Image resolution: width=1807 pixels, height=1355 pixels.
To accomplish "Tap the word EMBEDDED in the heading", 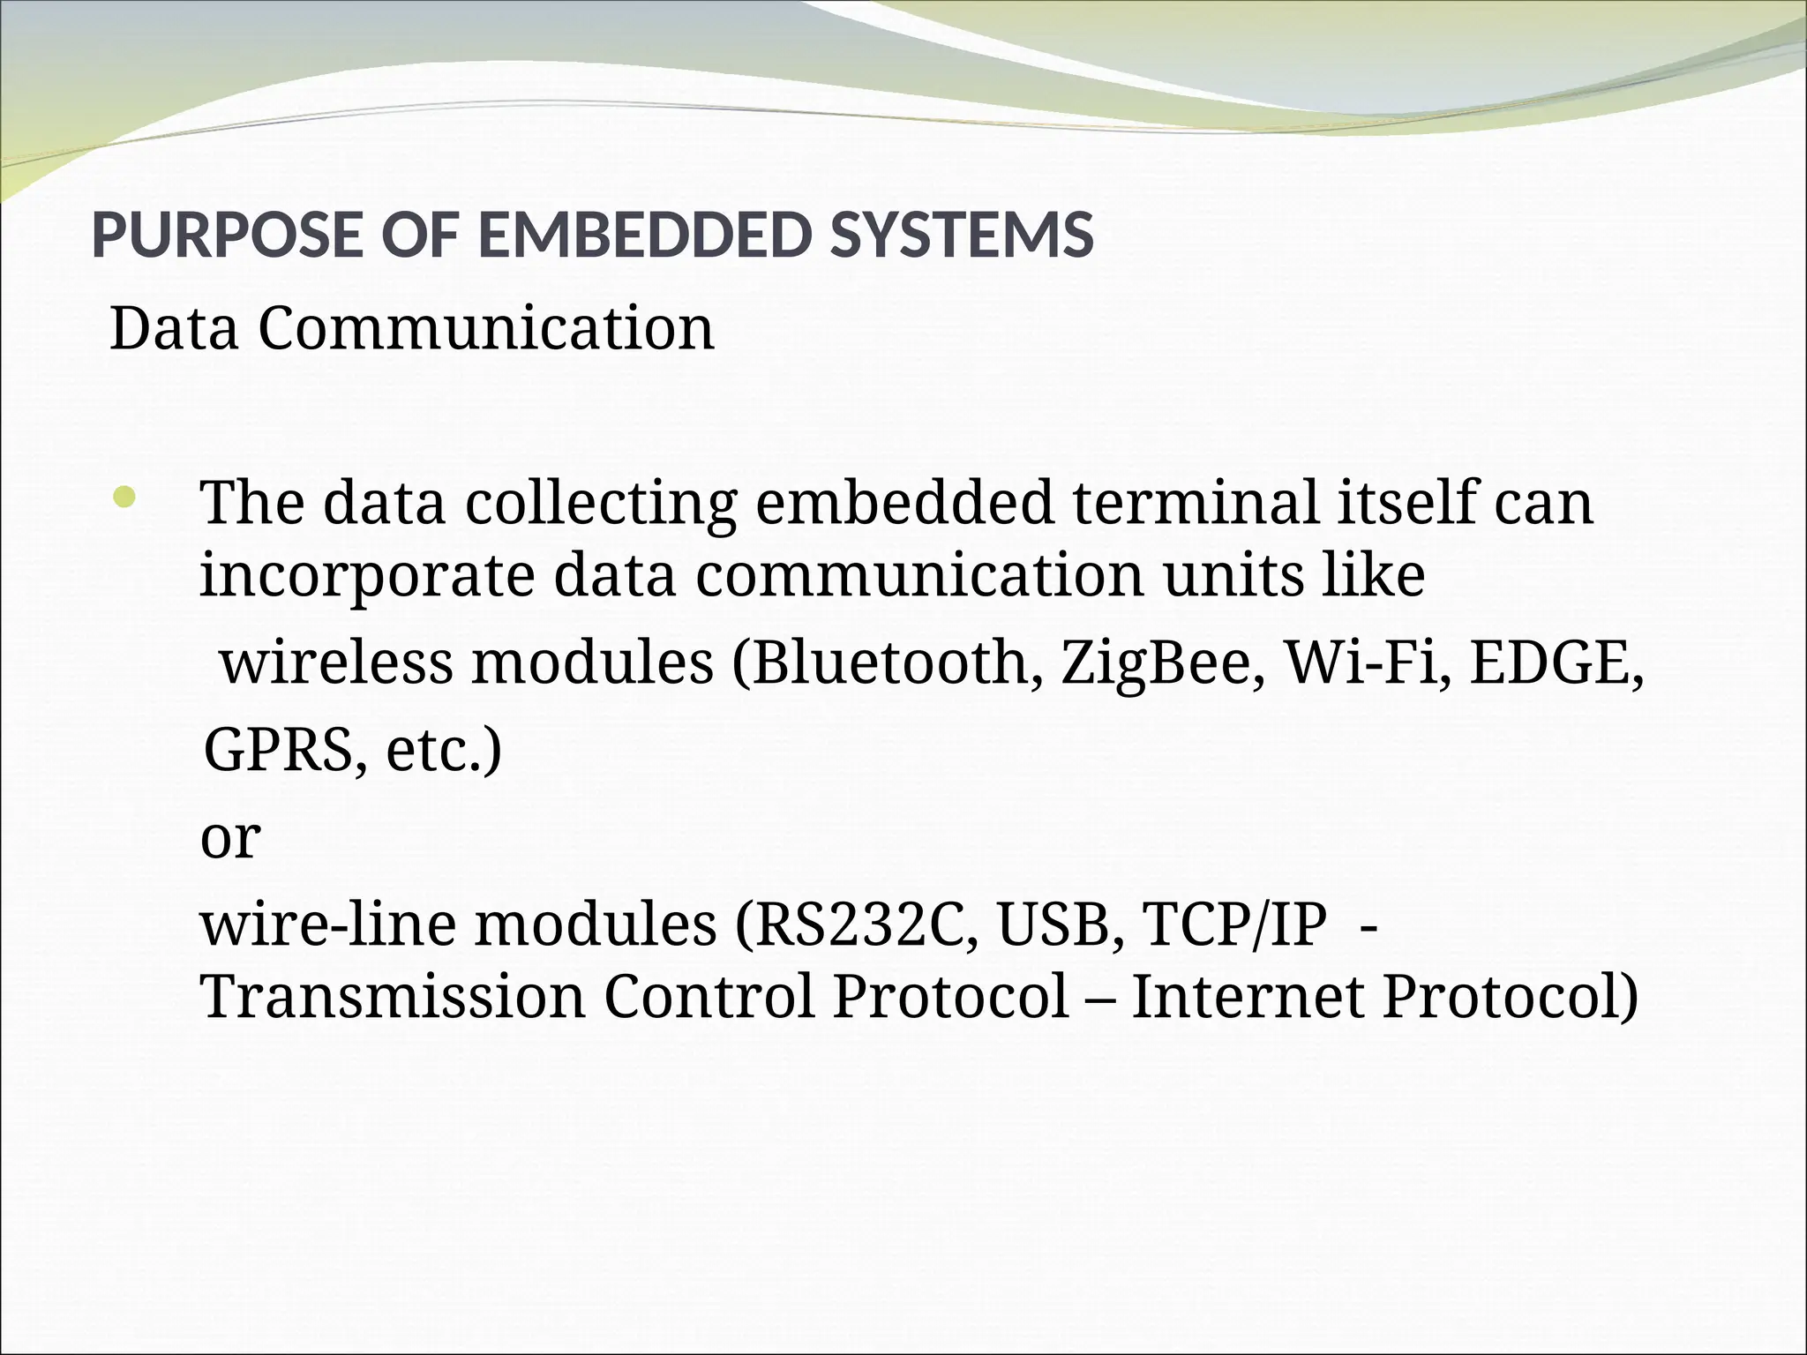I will tap(643, 236).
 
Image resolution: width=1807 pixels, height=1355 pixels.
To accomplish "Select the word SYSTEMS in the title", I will tap(961, 236).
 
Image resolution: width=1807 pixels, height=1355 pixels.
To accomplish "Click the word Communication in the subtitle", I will tap(485, 329).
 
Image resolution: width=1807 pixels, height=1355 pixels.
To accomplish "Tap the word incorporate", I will tap(367, 576).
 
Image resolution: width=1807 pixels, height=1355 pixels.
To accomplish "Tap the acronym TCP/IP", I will tap(1233, 925).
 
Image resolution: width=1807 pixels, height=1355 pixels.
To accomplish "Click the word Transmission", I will tap(394, 997).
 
